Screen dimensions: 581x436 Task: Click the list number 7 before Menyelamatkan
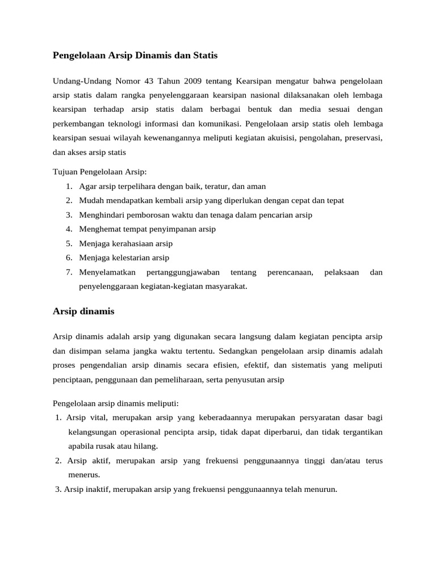(68, 272)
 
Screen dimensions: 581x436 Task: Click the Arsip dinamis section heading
(83, 311)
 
